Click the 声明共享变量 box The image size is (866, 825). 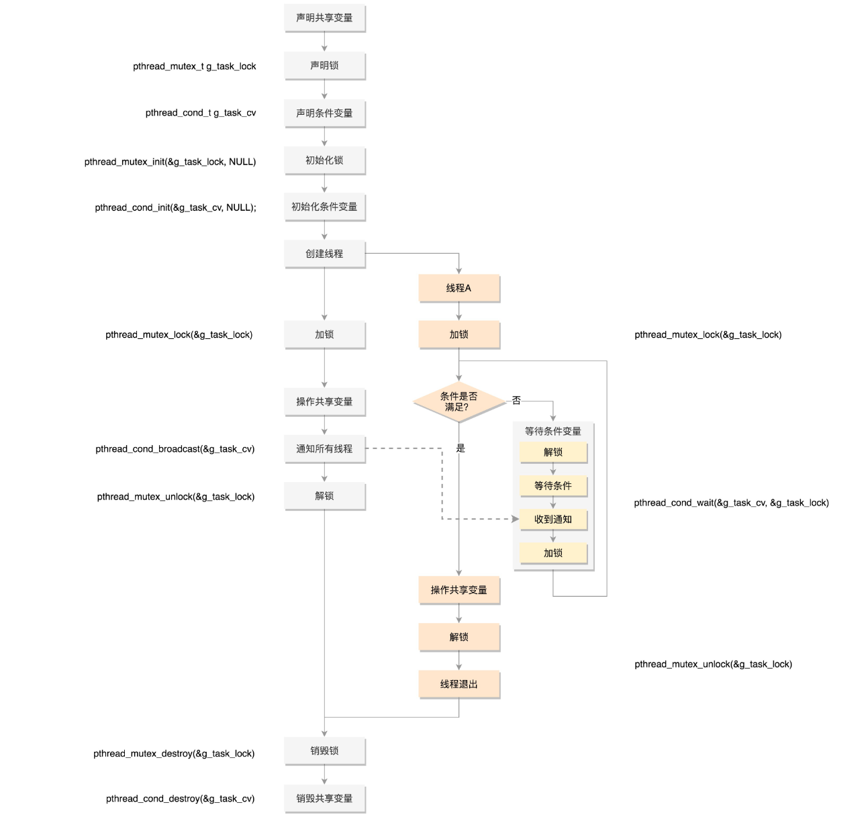[x=324, y=18]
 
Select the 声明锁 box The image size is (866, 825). [x=324, y=66]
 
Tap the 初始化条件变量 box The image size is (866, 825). [x=324, y=207]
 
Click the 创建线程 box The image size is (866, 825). [x=324, y=254]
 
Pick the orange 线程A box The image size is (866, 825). [x=459, y=288]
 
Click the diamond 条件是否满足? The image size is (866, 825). [x=459, y=401]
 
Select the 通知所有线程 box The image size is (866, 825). [x=324, y=448]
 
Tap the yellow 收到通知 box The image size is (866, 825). [x=553, y=519]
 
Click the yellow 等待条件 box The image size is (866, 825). [x=553, y=485]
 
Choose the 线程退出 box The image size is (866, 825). [x=459, y=684]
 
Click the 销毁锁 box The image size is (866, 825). [x=324, y=750]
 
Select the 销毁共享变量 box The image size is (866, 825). [x=324, y=798]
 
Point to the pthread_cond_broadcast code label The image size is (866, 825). [x=175, y=449]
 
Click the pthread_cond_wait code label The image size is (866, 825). [x=731, y=503]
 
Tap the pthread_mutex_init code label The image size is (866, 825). [x=170, y=162]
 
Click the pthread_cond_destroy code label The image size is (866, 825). [x=180, y=799]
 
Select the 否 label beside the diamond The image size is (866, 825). [x=516, y=401]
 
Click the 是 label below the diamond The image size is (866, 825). [x=461, y=448]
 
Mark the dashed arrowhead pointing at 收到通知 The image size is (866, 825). [x=516, y=519]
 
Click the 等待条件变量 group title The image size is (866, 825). [x=553, y=432]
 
